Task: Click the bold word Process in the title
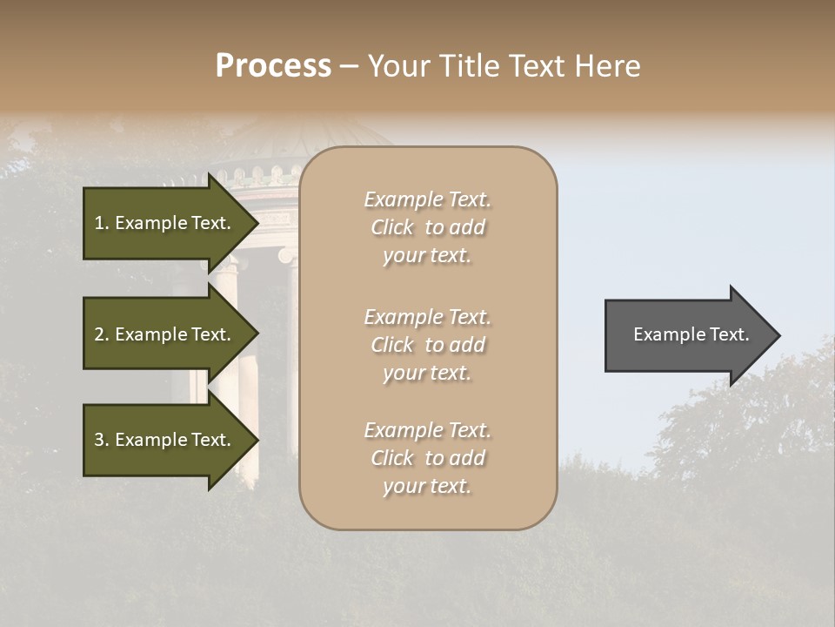(x=273, y=66)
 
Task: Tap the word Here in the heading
(x=608, y=66)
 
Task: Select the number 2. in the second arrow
(x=102, y=334)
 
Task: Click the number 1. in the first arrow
(x=102, y=223)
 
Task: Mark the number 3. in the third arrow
(x=102, y=440)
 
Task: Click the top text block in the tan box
(x=427, y=227)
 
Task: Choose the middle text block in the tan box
(x=427, y=345)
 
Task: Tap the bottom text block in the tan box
(x=427, y=458)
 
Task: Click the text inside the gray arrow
(x=691, y=334)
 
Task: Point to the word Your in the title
(x=399, y=66)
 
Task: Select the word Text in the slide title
(x=539, y=66)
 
